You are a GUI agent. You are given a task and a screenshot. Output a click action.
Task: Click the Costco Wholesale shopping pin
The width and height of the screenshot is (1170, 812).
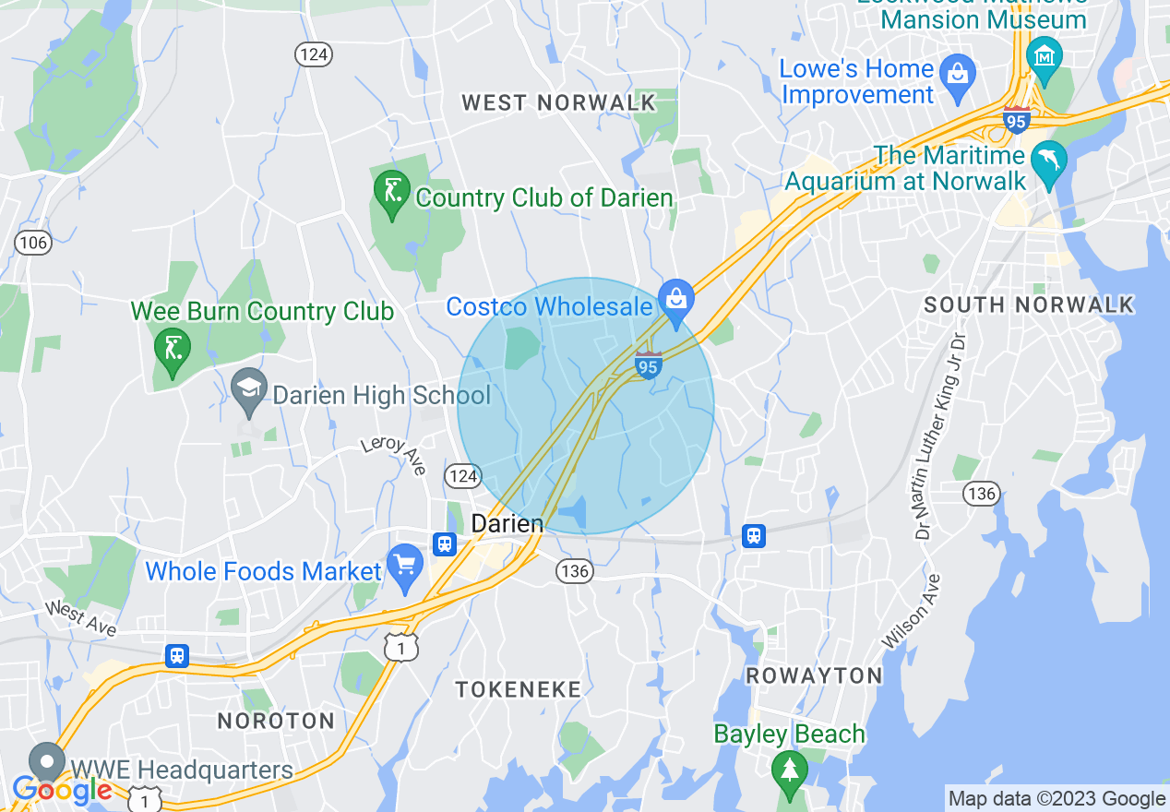[676, 298]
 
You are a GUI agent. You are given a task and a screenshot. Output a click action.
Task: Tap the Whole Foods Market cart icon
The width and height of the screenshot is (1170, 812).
[404, 565]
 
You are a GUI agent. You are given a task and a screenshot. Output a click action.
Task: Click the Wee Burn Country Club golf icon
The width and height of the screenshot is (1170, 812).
[173, 348]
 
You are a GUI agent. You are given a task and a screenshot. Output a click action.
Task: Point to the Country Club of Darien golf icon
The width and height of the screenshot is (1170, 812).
[391, 191]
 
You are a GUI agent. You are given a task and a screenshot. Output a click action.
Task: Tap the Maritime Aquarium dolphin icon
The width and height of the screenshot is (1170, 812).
[1049, 161]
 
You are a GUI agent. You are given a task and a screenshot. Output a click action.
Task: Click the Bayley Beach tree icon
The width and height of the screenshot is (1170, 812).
[789, 770]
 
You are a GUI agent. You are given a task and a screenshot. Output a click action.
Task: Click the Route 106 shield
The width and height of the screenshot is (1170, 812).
[32, 243]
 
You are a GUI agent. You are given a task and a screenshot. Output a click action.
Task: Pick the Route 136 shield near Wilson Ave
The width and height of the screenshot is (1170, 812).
[981, 494]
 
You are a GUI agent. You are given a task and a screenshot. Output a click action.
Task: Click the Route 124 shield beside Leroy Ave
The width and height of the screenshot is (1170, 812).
[462, 476]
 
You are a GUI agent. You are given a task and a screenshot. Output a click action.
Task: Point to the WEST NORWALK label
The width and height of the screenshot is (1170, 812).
[558, 102]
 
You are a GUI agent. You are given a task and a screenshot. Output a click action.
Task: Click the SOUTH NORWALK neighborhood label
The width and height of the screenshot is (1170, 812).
[1029, 305]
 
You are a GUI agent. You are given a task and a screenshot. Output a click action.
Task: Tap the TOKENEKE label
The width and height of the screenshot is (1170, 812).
[519, 689]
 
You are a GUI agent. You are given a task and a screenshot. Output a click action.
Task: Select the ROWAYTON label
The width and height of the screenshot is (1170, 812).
[814, 675]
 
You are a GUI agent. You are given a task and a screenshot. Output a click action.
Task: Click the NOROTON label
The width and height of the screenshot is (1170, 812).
[275, 721]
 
